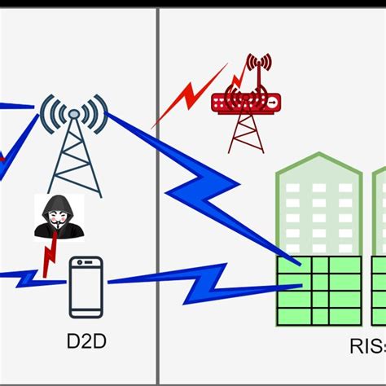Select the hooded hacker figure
59,217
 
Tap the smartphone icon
86,286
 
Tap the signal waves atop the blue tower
74,114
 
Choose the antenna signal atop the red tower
258,64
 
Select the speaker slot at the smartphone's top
86,262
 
